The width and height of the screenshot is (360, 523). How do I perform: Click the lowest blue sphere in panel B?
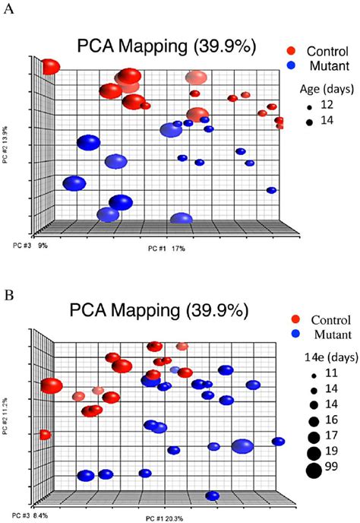click(213, 496)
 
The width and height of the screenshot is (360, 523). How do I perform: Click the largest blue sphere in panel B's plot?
click(243, 446)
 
